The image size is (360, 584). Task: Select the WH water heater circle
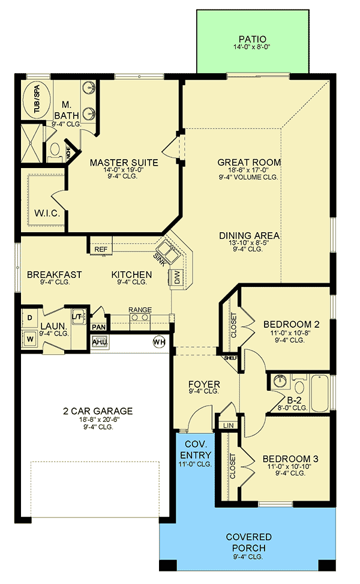[x=159, y=341]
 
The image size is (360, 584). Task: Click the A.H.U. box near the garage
[x=99, y=342]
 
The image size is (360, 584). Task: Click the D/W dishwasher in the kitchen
[x=178, y=277]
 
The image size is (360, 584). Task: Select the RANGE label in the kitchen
[x=140, y=310]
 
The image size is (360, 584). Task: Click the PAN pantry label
[x=98, y=327]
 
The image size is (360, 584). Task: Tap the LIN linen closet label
[x=228, y=425]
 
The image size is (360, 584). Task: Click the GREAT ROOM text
[x=249, y=162]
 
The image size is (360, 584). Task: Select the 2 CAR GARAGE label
[x=97, y=411]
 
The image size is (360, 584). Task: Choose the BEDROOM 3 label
[x=290, y=459]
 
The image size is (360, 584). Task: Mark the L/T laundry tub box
[x=77, y=317]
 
